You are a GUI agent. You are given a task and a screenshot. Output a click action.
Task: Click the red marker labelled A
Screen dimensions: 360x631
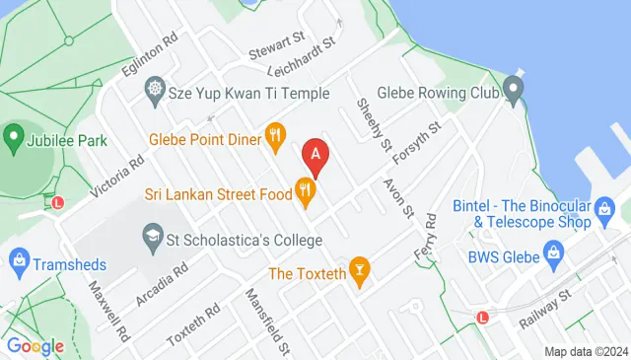[x=315, y=155]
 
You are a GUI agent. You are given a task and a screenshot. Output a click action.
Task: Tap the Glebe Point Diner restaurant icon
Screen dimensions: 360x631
[x=276, y=139]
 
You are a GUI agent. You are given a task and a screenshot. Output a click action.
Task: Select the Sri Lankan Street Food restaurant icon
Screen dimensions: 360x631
[x=307, y=194]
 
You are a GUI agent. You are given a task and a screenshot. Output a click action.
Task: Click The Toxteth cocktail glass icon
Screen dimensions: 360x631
[x=361, y=271]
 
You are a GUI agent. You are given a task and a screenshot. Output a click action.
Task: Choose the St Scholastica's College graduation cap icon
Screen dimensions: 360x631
[x=152, y=235]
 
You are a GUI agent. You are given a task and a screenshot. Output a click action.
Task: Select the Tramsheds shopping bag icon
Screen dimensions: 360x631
[x=17, y=261]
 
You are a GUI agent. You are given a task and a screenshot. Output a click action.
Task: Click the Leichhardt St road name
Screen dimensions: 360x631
[x=302, y=57]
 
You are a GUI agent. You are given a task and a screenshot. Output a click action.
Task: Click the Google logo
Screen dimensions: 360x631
[x=35, y=345]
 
